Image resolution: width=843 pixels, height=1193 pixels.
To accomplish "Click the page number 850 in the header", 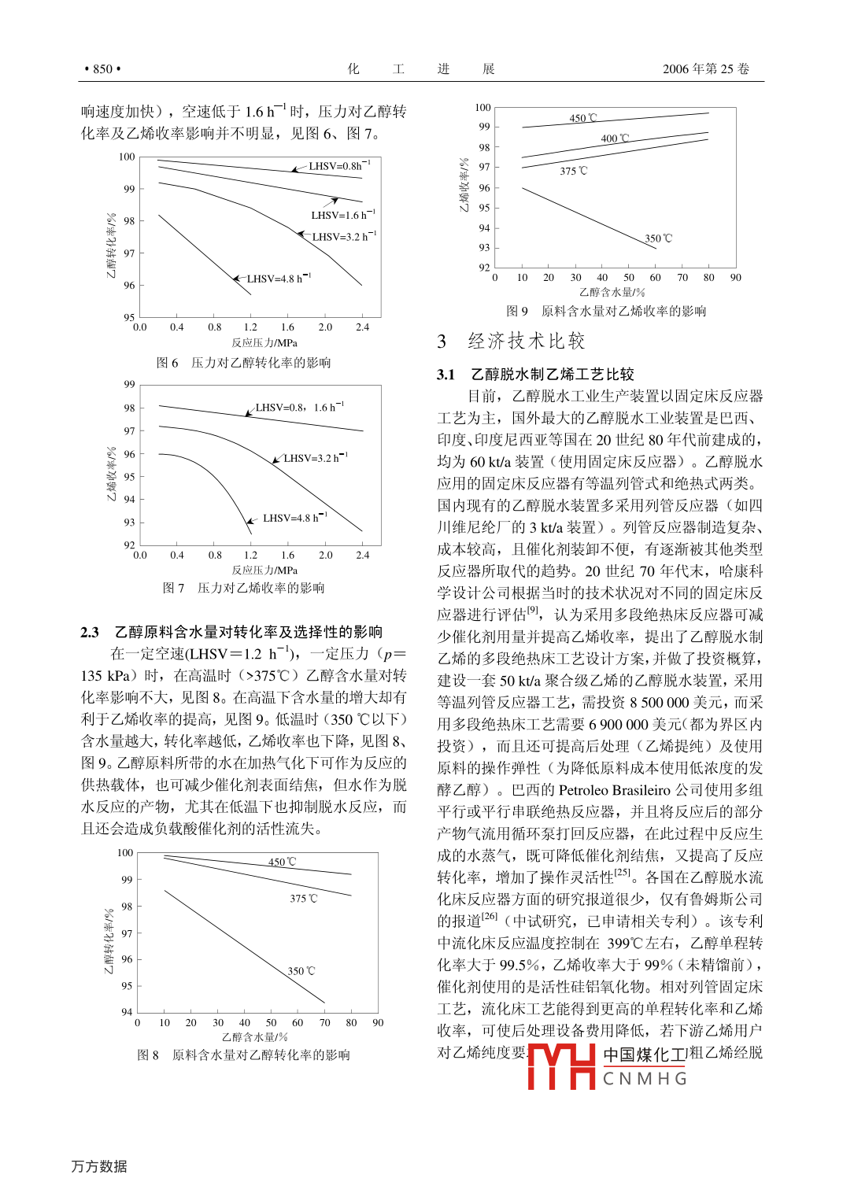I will point(102,69).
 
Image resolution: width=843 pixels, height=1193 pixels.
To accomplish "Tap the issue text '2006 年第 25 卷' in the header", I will point(705,69).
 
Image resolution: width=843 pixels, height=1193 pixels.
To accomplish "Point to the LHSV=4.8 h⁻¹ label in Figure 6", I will point(279,279).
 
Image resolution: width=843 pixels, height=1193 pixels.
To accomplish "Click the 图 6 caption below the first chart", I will point(243,363).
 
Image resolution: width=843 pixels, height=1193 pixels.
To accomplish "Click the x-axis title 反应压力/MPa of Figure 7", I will point(264,570).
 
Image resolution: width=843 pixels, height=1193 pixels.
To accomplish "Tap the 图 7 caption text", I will point(243,588).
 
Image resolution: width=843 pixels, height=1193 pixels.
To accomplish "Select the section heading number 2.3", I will point(90,632).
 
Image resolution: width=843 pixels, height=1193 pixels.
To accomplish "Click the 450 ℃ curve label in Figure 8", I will point(282,862).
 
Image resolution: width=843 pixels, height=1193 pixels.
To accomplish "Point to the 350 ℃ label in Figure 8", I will point(301,971).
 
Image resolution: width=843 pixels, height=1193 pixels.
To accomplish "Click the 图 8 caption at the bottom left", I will point(243,1054).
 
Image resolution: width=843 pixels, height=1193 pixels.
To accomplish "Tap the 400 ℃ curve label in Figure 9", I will point(615,139).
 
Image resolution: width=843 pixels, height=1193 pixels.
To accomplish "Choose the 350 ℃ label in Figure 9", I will point(658,238).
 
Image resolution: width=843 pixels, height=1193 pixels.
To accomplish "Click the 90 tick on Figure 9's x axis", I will point(735,277).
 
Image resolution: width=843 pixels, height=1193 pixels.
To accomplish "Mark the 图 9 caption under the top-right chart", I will point(605,311).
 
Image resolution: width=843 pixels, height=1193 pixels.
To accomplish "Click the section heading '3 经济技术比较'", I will point(512,341).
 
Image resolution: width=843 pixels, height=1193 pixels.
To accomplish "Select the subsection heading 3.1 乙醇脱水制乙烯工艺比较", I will point(535,374).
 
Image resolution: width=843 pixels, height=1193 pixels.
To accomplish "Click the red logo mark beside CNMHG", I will point(561,1066).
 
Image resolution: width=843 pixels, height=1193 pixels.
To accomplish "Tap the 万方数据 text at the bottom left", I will point(99,1166).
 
